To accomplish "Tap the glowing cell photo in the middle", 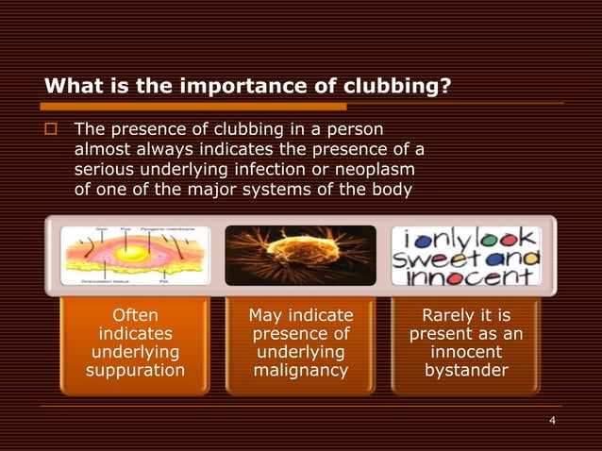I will coord(300,255).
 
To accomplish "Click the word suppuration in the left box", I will coord(135,370).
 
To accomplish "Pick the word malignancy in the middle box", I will coord(301,370).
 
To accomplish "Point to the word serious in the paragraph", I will coord(103,168).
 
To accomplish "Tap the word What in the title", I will coord(69,88).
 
